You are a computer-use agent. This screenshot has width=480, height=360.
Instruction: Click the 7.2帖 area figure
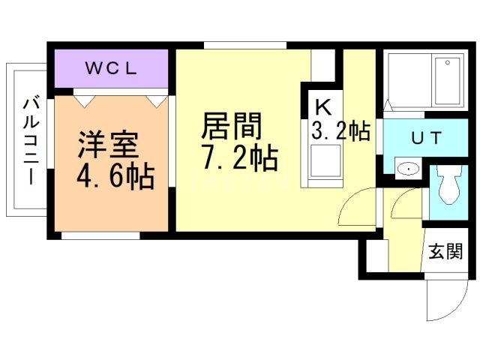coord(239,158)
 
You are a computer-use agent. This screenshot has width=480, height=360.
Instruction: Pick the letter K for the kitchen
coord(322,106)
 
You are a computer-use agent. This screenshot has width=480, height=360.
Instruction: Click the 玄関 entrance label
coord(445,252)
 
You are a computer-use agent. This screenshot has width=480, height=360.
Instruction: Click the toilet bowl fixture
coord(450,185)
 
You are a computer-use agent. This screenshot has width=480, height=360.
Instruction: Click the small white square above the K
coord(323,66)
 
